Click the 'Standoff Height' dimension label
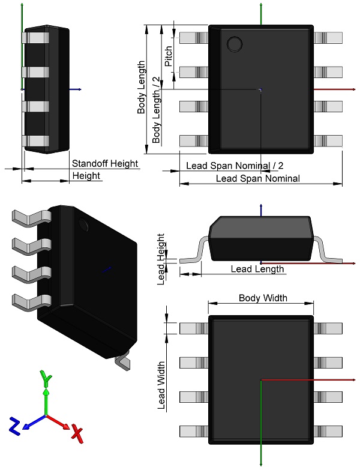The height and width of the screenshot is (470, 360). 105,163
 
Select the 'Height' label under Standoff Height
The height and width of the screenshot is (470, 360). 86,175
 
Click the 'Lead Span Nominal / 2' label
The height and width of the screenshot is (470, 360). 235,165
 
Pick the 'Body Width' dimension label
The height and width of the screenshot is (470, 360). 263,298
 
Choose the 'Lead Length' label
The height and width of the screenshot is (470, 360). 257,269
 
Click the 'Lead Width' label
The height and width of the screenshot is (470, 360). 161,385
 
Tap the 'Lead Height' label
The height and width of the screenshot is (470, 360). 161,258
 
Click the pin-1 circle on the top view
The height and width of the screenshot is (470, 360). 233,44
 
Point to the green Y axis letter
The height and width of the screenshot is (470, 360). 46,378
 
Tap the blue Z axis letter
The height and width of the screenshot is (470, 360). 15,425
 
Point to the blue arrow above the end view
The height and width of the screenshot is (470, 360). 261,208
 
